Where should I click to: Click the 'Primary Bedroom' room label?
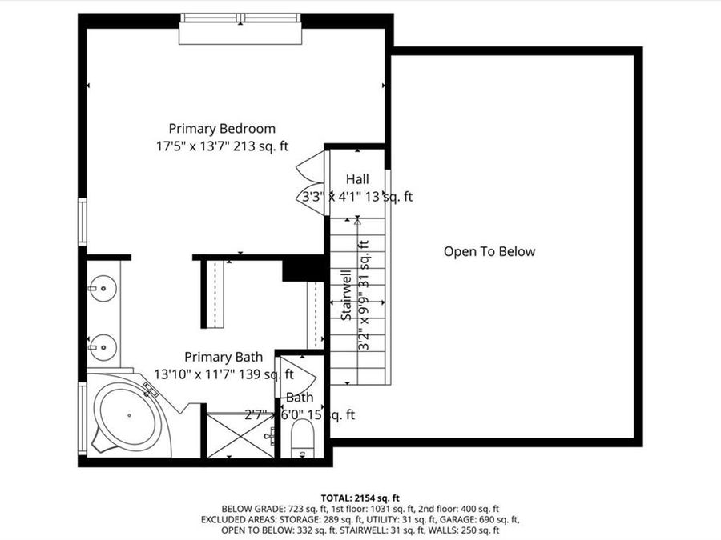click(222, 128)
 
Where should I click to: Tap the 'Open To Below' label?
click(489, 251)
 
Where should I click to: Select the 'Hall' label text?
click(357, 179)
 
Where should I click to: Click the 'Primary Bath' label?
click(223, 357)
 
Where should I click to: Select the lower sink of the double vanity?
click(103, 346)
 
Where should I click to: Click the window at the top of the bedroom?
click(240, 18)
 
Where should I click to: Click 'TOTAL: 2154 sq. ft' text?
click(360, 496)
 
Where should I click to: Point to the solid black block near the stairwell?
click(304, 268)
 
